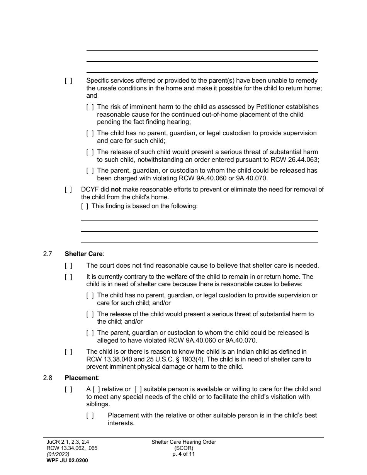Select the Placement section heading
(82, 378)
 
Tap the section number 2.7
(48, 254)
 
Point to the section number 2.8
(48, 378)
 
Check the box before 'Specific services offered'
(68, 81)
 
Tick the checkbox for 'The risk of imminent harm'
(90, 107)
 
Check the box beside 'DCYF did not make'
(68, 189)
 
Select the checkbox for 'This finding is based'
(85, 206)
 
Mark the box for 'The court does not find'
(68, 266)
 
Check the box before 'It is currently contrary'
(68, 277)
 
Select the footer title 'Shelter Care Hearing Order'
(183, 442)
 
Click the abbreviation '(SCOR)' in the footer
(183, 448)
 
